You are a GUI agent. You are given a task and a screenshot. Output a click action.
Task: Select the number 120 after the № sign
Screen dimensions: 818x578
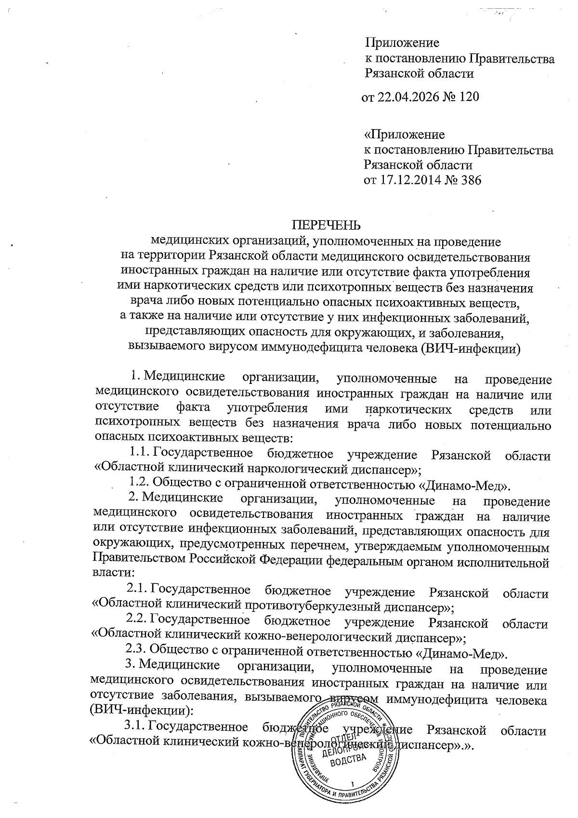tap(468, 97)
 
